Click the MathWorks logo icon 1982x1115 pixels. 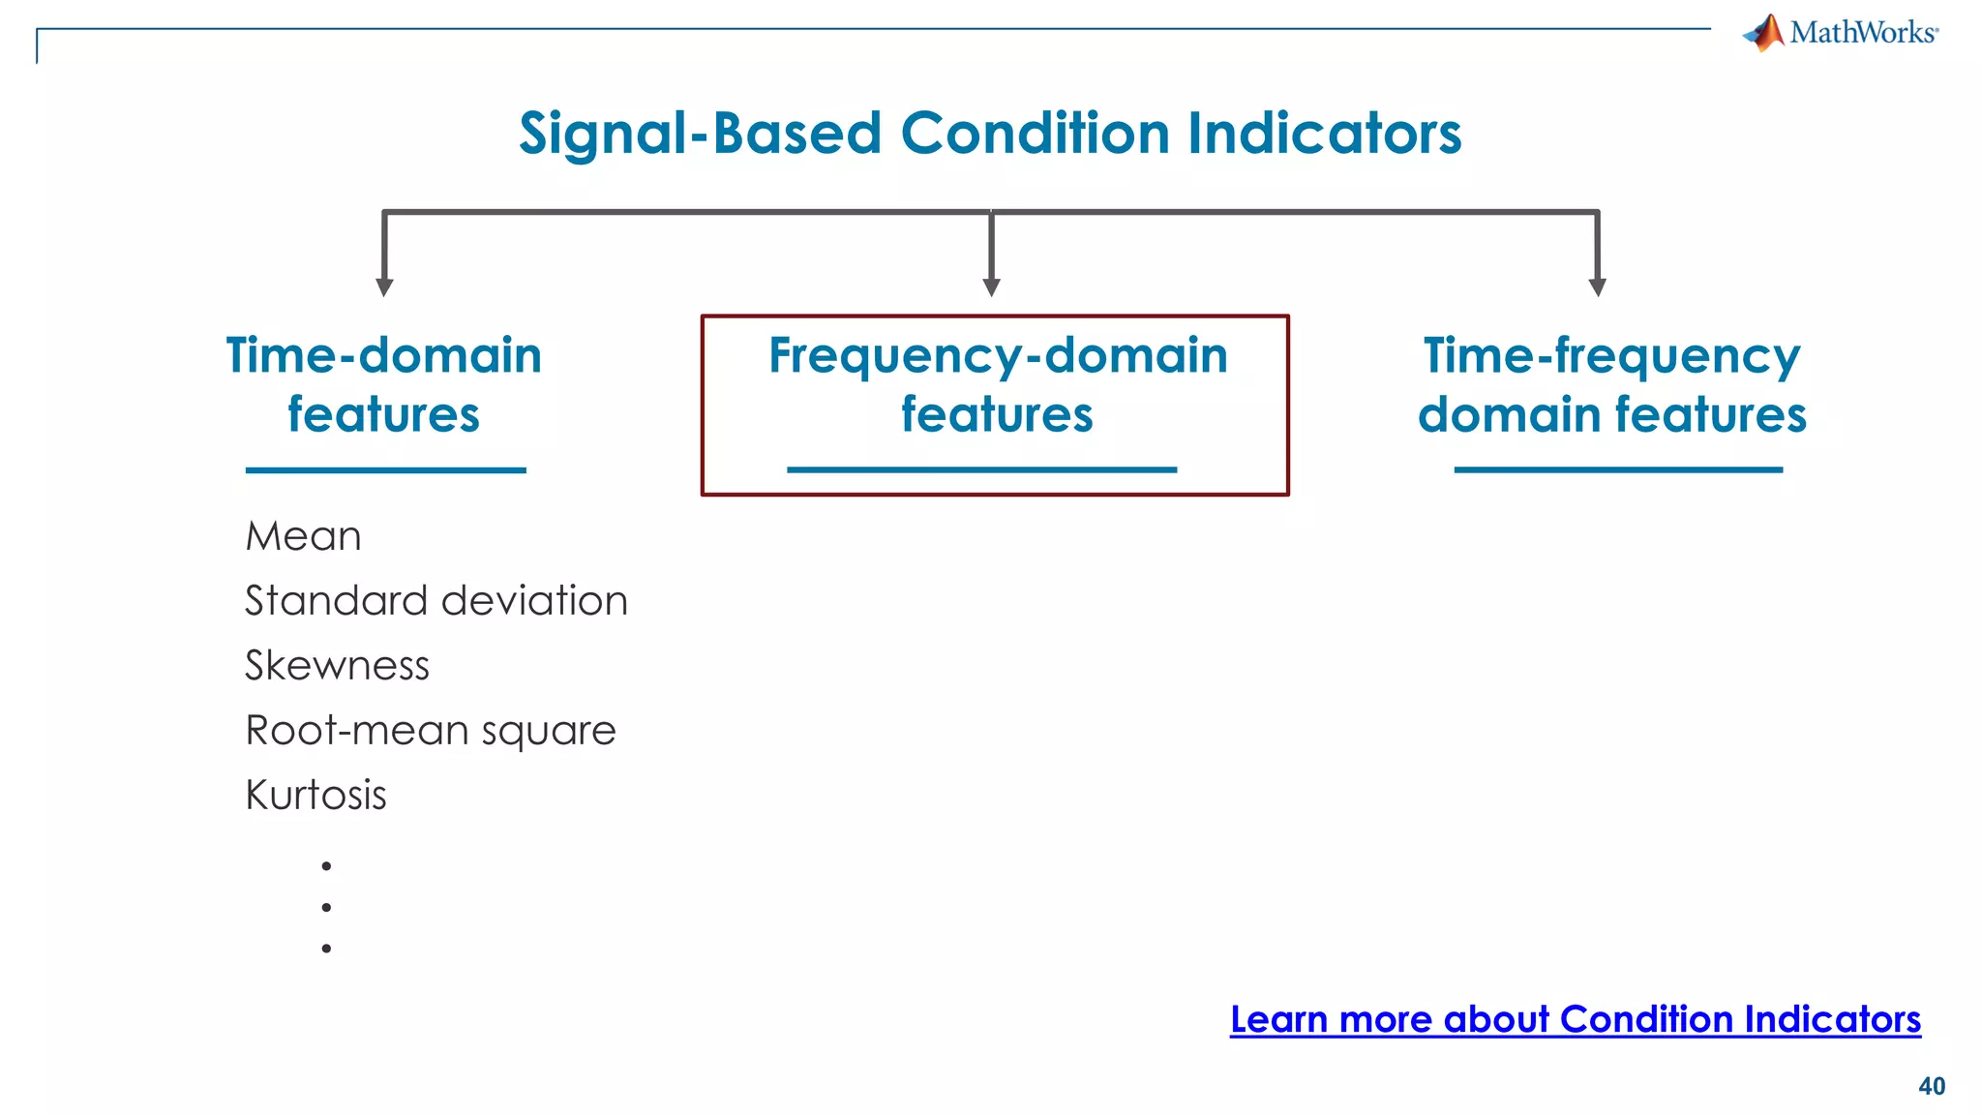pos(1764,33)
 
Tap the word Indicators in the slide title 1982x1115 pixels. pos(1324,133)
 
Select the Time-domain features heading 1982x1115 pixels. pos(384,384)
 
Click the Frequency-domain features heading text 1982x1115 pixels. pos(998,384)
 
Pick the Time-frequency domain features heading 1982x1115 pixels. pos(1611,384)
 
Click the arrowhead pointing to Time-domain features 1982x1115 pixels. pos(384,286)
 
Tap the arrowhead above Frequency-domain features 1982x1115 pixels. pos(991,286)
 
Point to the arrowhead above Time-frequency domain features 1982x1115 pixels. pos(1598,286)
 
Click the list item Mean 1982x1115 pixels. pos(303,536)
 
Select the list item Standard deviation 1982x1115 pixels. pos(436,601)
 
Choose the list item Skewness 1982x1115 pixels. pos(337,666)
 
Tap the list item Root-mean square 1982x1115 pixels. pos(431,731)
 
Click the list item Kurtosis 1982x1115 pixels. pos(315,796)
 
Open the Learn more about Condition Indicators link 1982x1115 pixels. pos(1575,1019)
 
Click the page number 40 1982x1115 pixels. pos(1932,1086)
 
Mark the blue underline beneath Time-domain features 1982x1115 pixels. pos(385,470)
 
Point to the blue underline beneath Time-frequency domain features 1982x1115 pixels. pos(1618,469)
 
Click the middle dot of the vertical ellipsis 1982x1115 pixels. pos(326,907)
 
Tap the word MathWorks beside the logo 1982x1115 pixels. pos(1862,33)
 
